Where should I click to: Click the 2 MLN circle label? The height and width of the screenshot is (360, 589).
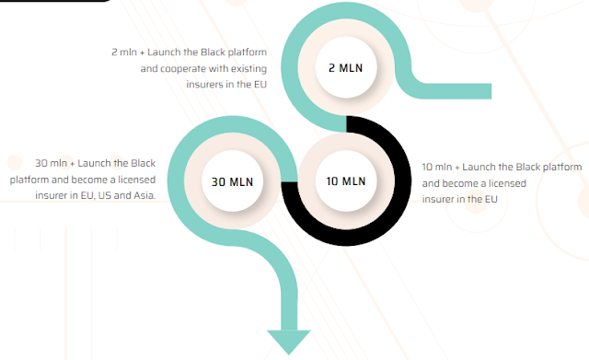[x=346, y=68]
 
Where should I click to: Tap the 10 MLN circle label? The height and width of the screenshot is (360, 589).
[x=346, y=181]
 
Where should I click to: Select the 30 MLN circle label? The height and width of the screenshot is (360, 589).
[x=232, y=182]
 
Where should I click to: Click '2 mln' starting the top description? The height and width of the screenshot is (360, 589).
[x=124, y=52]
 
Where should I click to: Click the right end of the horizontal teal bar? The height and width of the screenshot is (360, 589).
[x=491, y=91]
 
